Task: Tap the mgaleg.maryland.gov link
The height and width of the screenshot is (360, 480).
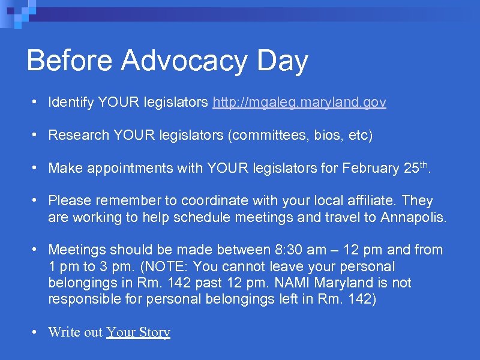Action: coord(299,103)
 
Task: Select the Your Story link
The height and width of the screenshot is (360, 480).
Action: coord(138,332)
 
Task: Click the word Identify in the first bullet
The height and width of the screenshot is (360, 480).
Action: coord(71,103)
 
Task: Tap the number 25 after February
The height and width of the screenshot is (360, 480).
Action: coord(410,169)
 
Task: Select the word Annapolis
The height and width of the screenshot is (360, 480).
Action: coord(413,217)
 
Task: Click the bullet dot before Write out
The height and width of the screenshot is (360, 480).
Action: coord(37,332)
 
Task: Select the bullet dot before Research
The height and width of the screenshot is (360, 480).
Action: coord(37,136)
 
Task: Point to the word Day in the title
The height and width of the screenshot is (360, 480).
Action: coord(281,61)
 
